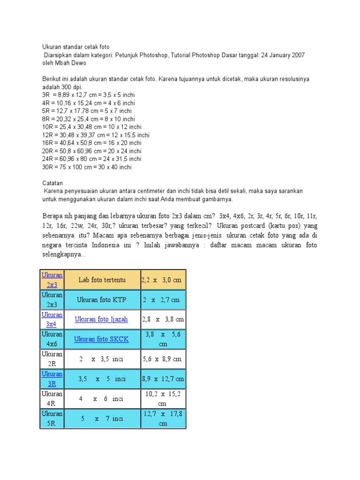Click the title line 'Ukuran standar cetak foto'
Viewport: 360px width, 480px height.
[x=75, y=47]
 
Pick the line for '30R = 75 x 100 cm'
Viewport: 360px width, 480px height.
[x=87, y=167]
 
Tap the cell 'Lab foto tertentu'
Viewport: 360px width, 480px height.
[x=102, y=280]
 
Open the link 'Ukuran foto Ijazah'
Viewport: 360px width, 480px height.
[x=102, y=319]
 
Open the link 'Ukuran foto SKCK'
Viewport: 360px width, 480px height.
[x=102, y=339]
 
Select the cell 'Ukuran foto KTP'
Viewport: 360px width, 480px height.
[x=102, y=300]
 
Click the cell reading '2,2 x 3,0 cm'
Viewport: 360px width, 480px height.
[x=163, y=280]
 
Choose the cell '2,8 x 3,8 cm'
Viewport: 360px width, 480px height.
[x=163, y=319]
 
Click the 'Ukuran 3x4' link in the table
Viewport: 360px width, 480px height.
[x=52, y=319]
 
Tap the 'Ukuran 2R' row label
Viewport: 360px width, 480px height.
[x=52, y=359]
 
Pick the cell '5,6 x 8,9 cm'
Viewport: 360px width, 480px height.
[x=163, y=359]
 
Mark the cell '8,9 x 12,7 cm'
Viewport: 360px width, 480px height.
[x=163, y=379]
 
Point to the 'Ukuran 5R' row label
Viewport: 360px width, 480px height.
[x=52, y=418]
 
